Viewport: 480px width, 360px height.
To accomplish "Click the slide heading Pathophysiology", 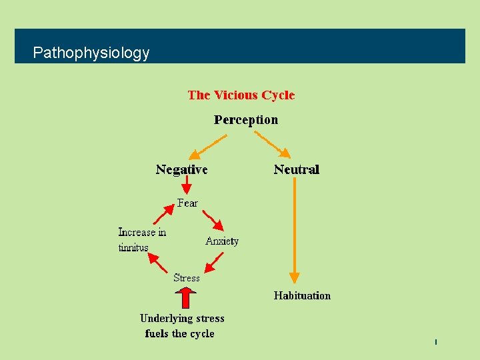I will tap(91, 53).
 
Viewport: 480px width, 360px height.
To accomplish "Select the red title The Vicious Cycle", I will tap(241, 95).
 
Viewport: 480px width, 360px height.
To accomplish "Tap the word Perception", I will tap(245, 120).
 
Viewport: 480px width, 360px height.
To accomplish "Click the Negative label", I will tap(181, 169).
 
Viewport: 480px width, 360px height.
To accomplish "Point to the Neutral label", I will tap(297, 169).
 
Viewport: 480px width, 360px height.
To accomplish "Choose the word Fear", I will tap(187, 203).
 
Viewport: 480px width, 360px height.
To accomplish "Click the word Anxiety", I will tap(222, 241).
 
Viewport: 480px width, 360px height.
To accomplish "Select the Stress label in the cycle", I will tap(186, 277).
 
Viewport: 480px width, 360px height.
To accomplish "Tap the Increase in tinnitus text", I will tap(141, 240).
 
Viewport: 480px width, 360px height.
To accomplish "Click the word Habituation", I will tap(302, 295).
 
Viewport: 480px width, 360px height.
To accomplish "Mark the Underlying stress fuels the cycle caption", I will tap(181, 326).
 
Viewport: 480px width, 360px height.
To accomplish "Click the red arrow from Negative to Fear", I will tap(187, 187).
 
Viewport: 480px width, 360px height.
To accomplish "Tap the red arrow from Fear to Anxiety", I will tap(215, 221).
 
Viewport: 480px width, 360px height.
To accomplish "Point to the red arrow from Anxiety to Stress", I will tap(213, 262).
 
